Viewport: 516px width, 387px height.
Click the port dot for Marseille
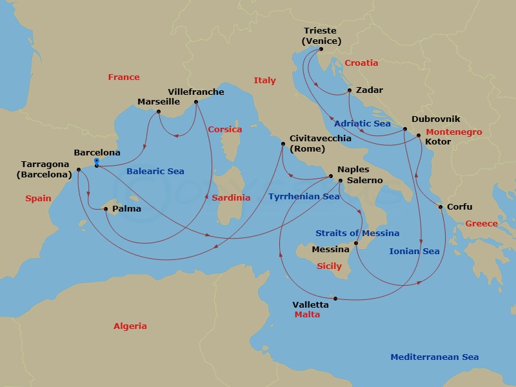(x=159, y=112)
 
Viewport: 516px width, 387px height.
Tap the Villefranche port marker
(x=196, y=101)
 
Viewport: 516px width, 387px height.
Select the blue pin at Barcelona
(x=96, y=162)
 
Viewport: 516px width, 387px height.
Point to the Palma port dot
(x=106, y=208)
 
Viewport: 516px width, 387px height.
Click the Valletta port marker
(x=336, y=299)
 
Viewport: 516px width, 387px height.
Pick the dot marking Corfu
(x=441, y=207)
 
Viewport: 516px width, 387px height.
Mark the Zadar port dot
(x=349, y=90)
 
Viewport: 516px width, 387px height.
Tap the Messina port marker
(x=357, y=243)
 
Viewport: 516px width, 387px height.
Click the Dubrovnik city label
(x=435, y=119)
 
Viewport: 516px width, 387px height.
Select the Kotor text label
(x=438, y=141)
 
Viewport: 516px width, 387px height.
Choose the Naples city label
(x=353, y=169)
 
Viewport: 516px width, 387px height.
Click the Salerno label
(x=365, y=181)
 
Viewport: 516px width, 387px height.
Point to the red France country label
(x=124, y=77)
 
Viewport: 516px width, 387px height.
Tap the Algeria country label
(x=130, y=326)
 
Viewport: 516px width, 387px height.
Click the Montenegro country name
(x=454, y=132)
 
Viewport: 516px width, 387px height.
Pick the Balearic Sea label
(x=155, y=172)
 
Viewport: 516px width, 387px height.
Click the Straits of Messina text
(x=357, y=233)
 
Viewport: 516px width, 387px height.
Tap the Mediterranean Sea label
(x=435, y=357)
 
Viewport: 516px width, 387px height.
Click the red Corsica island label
(x=225, y=130)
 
